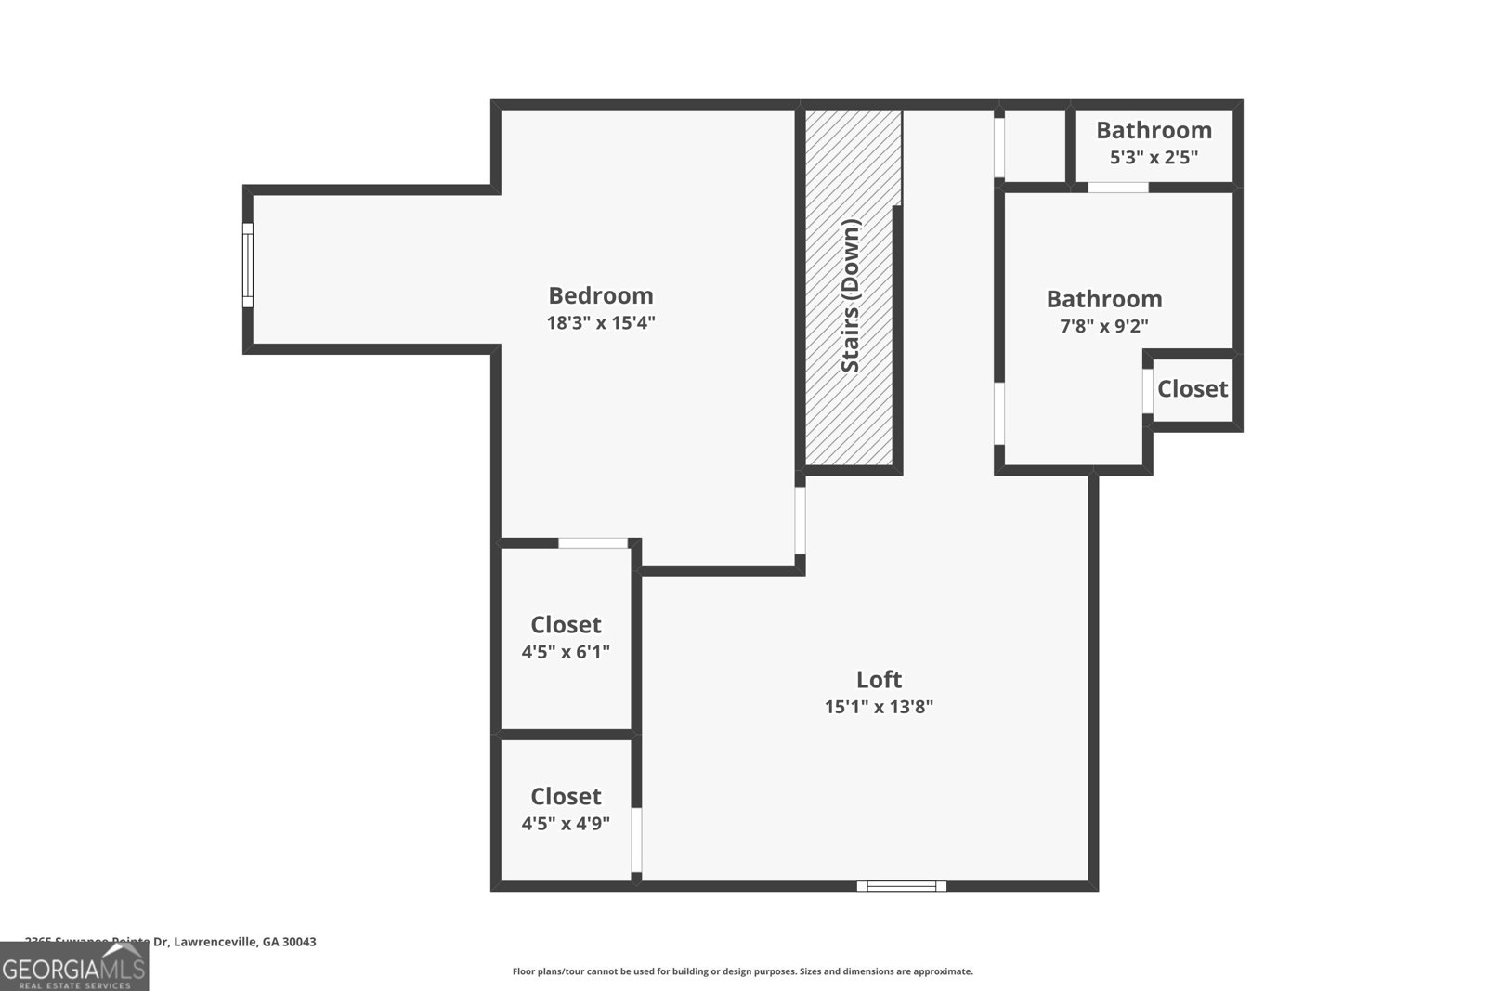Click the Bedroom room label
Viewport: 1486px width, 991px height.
pyautogui.click(x=601, y=295)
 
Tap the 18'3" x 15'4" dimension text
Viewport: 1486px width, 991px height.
pyautogui.click(x=601, y=323)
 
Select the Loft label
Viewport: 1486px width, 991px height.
pyautogui.click(x=879, y=679)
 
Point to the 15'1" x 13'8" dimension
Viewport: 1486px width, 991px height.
pyautogui.click(x=879, y=707)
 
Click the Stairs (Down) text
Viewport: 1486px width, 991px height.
pyautogui.click(x=851, y=295)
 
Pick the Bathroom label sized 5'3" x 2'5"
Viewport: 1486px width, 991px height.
pyautogui.click(x=1154, y=130)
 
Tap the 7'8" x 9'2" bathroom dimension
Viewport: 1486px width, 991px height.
pyautogui.click(x=1104, y=327)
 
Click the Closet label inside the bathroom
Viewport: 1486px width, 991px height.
pyautogui.click(x=1193, y=388)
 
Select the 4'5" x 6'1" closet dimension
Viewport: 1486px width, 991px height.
pyautogui.click(x=566, y=652)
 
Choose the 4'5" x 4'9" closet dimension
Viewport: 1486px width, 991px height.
pyautogui.click(x=566, y=823)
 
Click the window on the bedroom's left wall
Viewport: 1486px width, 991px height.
pyautogui.click(x=248, y=265)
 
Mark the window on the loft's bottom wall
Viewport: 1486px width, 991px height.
pyautogui.click(x=901, y=886)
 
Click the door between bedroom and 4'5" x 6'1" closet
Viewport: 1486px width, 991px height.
pyautogui.click(x=593, y=543)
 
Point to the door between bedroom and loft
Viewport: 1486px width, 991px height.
pyautogui.click(x=800, y=521)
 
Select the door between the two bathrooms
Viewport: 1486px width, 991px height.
pyautogui.click(x=1117, y=188)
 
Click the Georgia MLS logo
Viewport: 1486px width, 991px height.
pyautogui.click(x=74, y=967)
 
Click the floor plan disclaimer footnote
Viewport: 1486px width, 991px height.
pyautogui.click(x=742, y=971)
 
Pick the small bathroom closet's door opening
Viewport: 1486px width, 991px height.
pyautogui.click(x=1148, y=391)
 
